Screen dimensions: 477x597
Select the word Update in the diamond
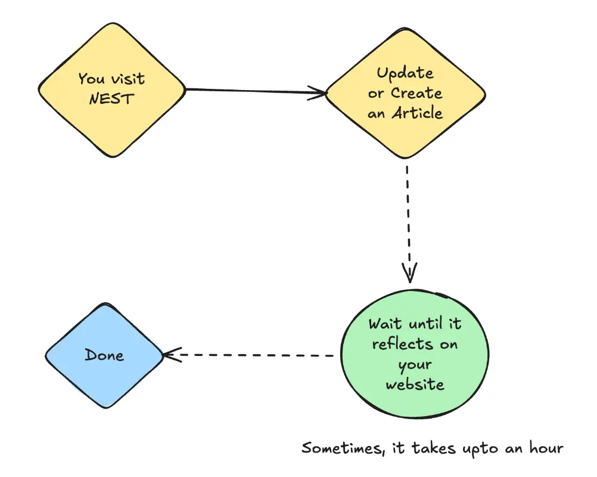[x=405, y=74]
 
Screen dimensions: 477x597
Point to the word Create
[x=416, y=93]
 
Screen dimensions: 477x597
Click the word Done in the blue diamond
[x=104, y=355]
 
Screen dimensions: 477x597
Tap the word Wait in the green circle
[x=385, y=324]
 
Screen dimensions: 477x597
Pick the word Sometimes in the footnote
[x=336, y=448]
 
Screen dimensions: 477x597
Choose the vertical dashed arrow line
[x=408, y=215]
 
